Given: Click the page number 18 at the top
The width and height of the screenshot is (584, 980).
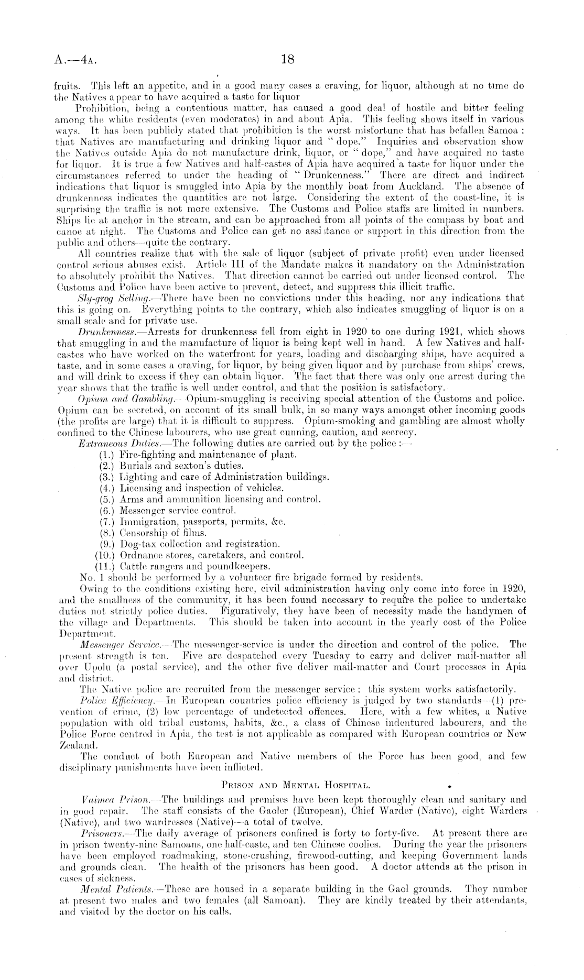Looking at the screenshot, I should pyautogui.click(x=287, y=59).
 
